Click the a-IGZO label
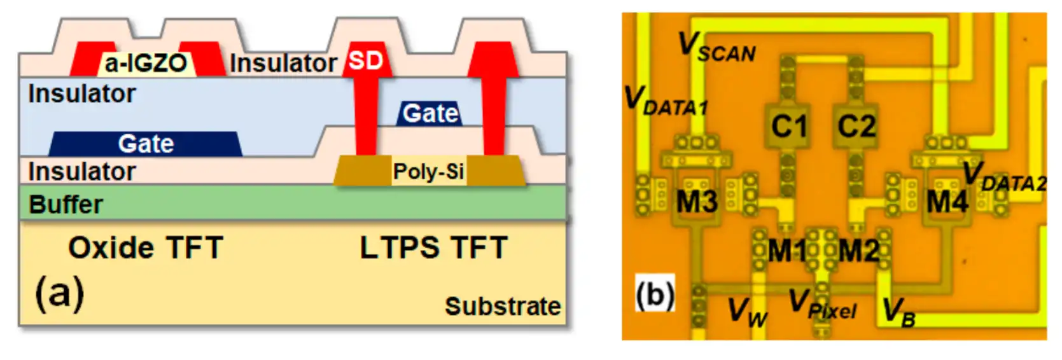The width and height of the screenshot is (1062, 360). pos(146,63)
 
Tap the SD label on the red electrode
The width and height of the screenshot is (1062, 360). pos(365,60)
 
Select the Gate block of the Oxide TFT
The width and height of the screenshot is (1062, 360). pos(146,144)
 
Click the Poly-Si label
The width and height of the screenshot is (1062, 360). pos(428,171)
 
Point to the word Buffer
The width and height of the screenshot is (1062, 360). pos(66,205)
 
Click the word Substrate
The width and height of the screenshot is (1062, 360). pos(503,306)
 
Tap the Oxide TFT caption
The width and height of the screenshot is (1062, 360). pos(146,247)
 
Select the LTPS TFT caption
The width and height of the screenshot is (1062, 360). pos(434,247)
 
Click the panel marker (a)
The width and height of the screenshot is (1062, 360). pos(60,293)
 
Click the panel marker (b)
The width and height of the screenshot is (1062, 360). pos(655,294)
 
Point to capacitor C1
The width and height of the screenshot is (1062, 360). pos(788,126)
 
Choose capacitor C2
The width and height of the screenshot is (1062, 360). pos(856,126)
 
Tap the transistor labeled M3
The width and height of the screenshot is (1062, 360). pos(697,202)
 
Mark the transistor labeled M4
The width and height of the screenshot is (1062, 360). pos(947,202)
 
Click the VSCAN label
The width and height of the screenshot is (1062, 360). pos(717,47)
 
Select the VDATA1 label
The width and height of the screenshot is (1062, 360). pos(666,101)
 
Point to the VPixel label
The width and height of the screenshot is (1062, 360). pos(823,304)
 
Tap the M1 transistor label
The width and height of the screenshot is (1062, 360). pos(787,250)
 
